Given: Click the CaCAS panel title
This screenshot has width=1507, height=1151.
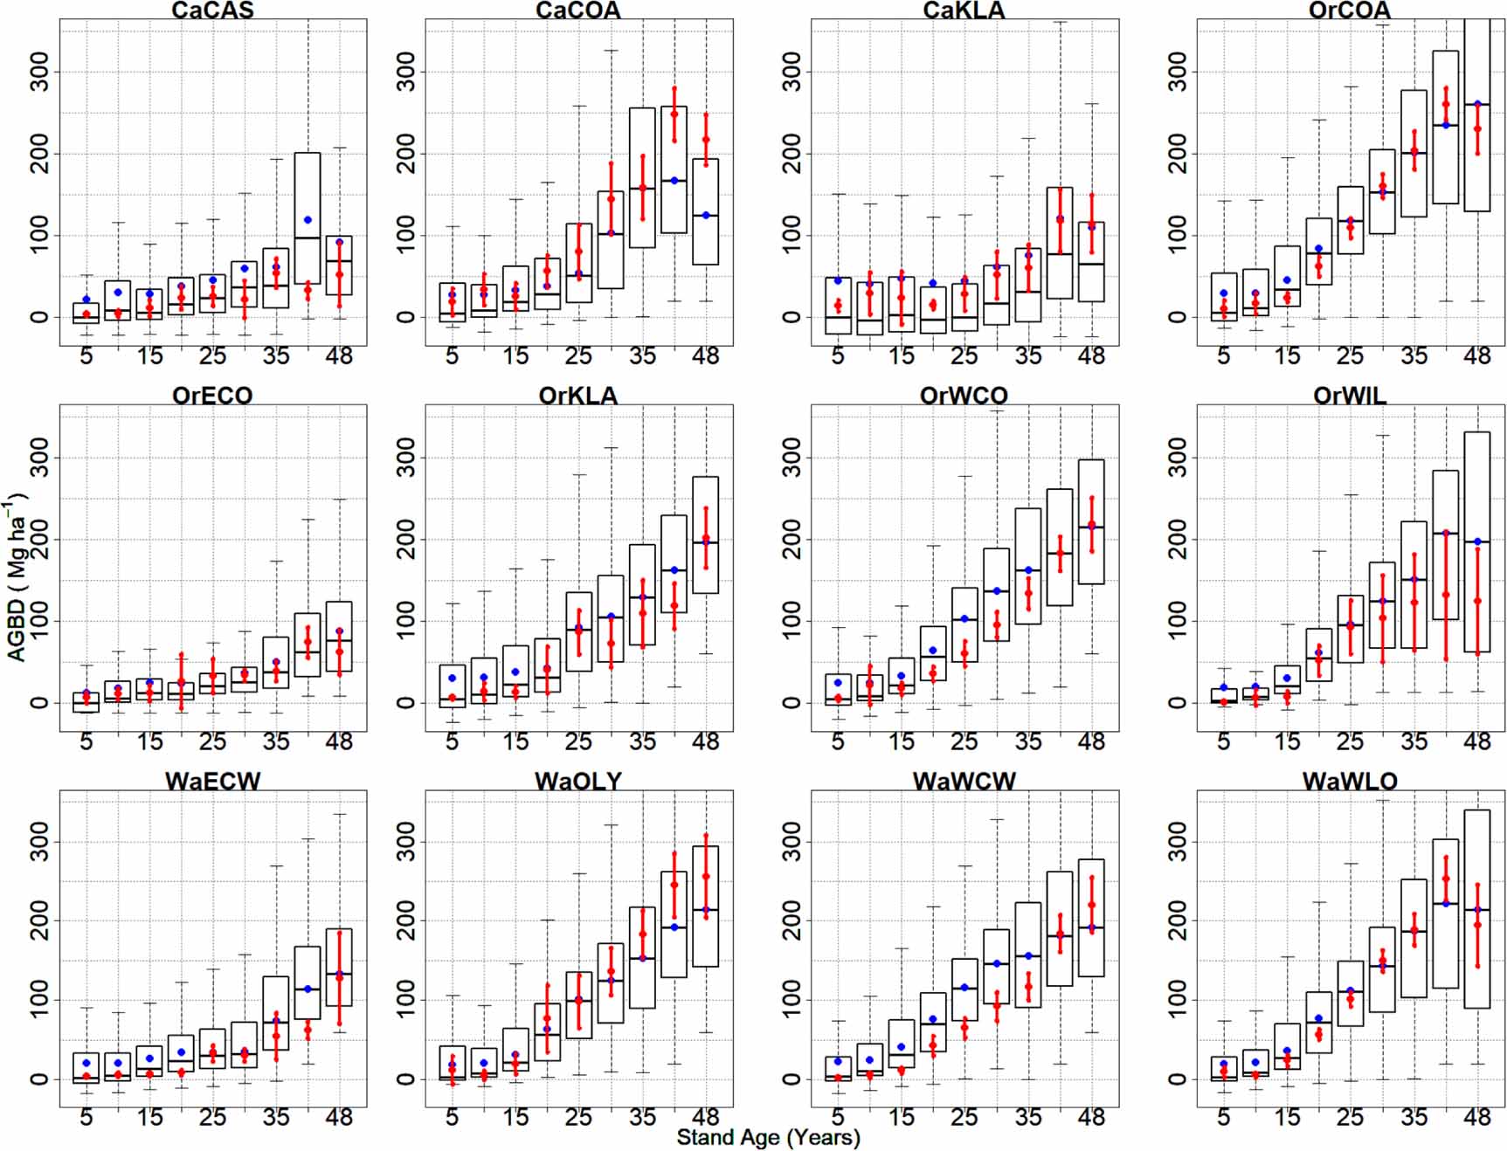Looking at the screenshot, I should tap(212, 10).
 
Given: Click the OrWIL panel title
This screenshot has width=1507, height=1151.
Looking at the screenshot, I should tap(1350, 396).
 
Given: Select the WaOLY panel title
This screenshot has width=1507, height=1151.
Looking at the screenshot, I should tap(578, 781).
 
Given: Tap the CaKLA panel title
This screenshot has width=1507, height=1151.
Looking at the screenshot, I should tap(964, 10).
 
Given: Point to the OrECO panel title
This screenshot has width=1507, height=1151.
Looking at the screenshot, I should tap(212, 396).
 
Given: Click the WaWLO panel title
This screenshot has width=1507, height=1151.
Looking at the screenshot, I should tap(1350, 781).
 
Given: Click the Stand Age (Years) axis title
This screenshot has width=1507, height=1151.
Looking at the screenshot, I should tap(768, 1137).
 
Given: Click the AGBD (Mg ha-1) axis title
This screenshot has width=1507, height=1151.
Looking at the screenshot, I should tap(17, 576).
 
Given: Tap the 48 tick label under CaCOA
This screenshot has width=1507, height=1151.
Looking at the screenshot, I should tap(705, 356).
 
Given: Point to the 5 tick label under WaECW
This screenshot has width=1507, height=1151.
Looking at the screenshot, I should tap(86, 1117).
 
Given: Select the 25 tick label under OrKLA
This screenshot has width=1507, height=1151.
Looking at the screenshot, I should tap(578, 741).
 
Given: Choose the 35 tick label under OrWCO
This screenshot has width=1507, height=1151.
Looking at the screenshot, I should tap(1027, 741).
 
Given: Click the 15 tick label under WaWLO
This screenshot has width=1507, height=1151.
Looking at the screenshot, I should tap(1287, 1117).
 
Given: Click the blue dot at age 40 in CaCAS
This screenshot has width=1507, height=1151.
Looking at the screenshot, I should tap(308, 220).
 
